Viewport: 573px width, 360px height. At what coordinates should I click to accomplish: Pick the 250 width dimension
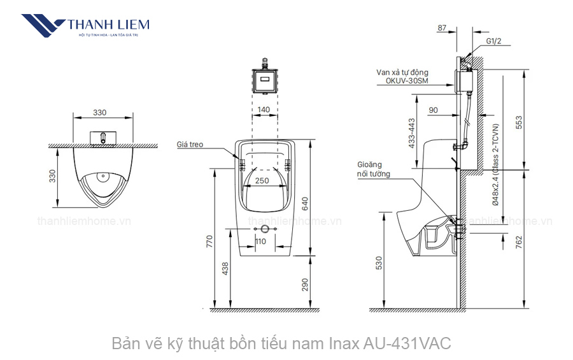pos(262,180)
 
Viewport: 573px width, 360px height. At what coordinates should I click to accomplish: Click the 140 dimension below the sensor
pos(264,110)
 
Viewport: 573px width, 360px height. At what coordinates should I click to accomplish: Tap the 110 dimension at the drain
pos(261,241)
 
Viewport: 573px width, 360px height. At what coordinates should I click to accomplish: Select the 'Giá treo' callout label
pos(190,145)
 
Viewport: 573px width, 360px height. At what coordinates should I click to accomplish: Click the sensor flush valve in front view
pos(264,80)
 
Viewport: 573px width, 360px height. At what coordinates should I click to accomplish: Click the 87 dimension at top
pos(443,27)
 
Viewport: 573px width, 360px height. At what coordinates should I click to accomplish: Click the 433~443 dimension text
pos(411,133)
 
